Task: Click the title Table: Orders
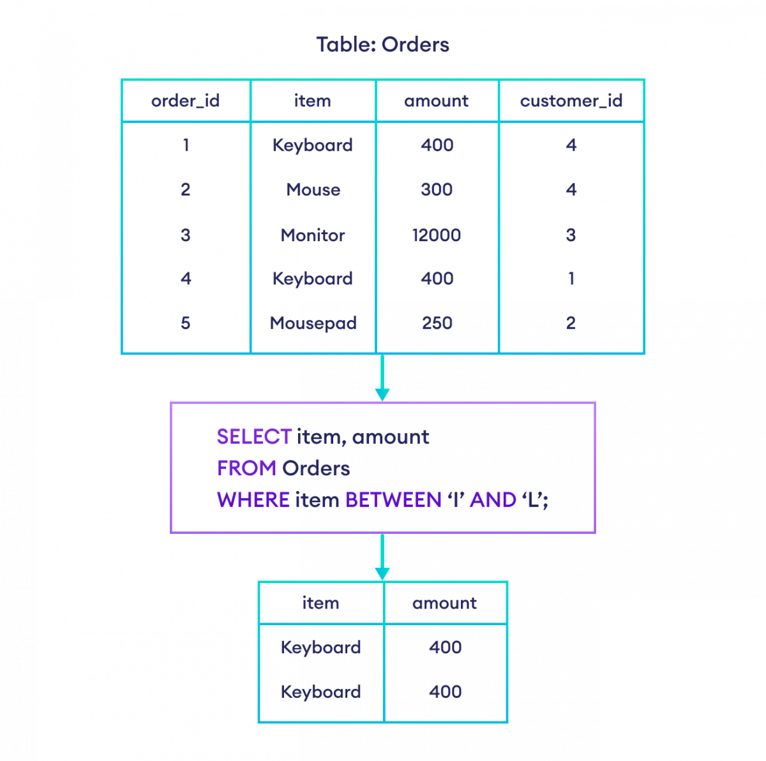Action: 382,45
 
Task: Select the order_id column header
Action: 185,101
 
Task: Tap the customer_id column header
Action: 571,101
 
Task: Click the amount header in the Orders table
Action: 437,101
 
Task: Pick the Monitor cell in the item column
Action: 313,235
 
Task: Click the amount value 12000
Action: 437,235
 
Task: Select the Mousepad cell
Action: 313,323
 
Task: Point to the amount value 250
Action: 437,323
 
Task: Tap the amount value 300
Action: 437,189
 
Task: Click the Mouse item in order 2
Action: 313,189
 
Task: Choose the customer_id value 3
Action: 571,235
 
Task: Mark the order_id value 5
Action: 185,323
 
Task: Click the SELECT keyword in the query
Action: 254,437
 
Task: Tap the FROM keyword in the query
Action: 246,468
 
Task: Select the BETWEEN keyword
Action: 393,499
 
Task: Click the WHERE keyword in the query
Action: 253,499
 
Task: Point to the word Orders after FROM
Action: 316,468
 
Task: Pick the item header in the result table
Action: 320,603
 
